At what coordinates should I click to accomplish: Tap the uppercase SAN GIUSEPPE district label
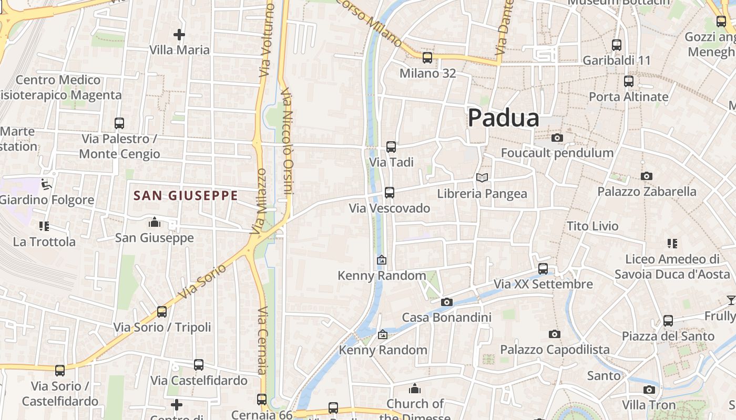[186, 196]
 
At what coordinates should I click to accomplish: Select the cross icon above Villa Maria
[179, 35]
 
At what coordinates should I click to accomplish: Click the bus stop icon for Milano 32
[427, 58]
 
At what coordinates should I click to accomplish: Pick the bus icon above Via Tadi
[391, 147]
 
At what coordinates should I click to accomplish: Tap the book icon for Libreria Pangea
[482, 178]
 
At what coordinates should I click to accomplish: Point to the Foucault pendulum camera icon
[557, 138]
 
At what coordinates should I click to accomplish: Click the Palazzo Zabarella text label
[647, 192]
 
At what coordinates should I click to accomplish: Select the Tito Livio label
[592, 226]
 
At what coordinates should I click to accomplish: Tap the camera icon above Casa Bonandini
[447, 302]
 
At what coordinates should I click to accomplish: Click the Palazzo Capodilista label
[555, 350]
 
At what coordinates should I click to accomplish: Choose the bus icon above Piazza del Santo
[668, 320]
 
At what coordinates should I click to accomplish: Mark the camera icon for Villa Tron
[649, 390]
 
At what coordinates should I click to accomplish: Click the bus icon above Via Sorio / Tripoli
[162, 312]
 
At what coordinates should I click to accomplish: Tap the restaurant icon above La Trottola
[44, 226]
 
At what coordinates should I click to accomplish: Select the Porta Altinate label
[628, 97]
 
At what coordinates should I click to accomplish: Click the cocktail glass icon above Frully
[731, 300]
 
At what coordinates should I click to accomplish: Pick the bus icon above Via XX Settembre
[543, 269]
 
